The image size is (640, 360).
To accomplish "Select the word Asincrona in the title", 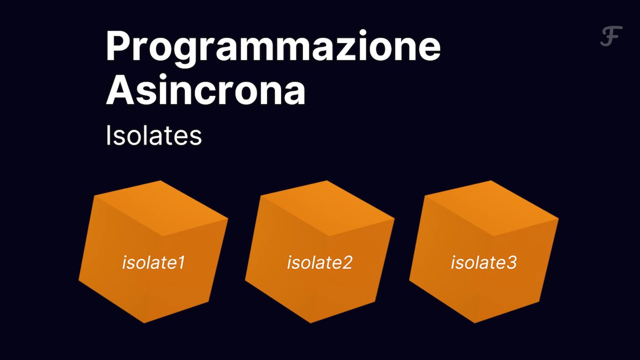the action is tap(206, 90).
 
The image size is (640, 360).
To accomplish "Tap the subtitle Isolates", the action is tap(154, 136).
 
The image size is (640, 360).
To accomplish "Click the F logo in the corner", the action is tap(611, 36).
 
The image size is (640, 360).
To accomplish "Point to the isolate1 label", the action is tap(154, 262).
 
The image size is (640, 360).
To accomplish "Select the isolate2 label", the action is tap(319, 262).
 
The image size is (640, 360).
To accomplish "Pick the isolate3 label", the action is tap(484, 262).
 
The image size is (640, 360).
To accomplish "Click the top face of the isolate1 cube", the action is tap(162, 208).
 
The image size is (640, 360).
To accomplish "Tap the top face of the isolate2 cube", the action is tap(327, 208).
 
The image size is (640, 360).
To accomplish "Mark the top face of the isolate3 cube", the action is tap(492, 208).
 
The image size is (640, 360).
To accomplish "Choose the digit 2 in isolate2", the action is tap(347, 263).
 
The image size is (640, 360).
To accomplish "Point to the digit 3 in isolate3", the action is tap(511, 263).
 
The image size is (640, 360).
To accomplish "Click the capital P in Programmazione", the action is tap(118, 45).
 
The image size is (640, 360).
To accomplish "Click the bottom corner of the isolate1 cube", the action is tap(145, 323).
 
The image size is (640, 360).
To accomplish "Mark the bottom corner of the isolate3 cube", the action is tap(475, 323).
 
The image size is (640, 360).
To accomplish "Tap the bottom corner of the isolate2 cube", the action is tap(310, 323).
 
